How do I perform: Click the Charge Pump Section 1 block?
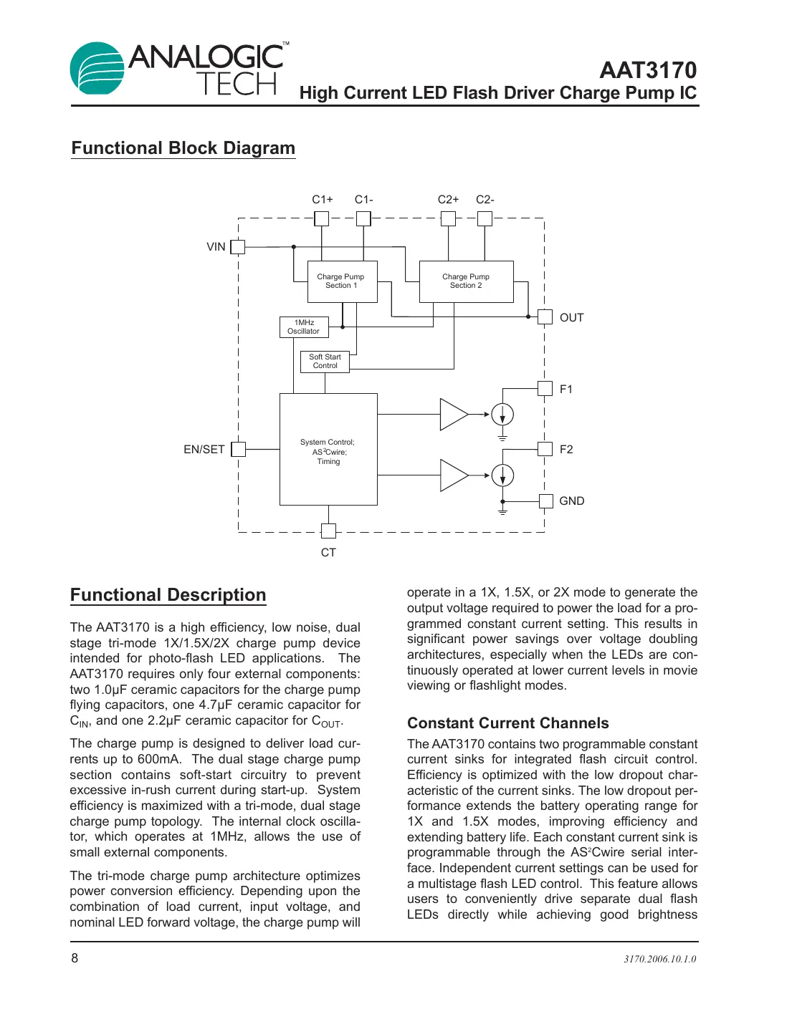coord(342,281)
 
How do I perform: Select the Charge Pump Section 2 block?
coord(466,281)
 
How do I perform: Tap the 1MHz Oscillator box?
coord(304,327)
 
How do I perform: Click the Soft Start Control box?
coord(325,362)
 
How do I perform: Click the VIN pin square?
coord(238,247)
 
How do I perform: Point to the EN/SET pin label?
coord(204,450)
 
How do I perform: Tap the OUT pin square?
coord(545,317)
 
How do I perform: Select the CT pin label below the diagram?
coord(328,553)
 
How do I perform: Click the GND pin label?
coord(571,501)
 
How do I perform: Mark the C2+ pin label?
coord(448,200)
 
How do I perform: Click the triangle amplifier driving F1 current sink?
coord(452,415)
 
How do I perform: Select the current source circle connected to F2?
coord(503,475)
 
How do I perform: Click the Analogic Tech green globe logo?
coord(97,69)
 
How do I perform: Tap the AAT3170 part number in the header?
coord(648,70)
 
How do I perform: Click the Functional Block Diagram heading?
coord(183,148)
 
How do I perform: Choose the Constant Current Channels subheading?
coord(507,723)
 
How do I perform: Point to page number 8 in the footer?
coord(75,958)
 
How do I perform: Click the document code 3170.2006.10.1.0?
coord(659,960)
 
